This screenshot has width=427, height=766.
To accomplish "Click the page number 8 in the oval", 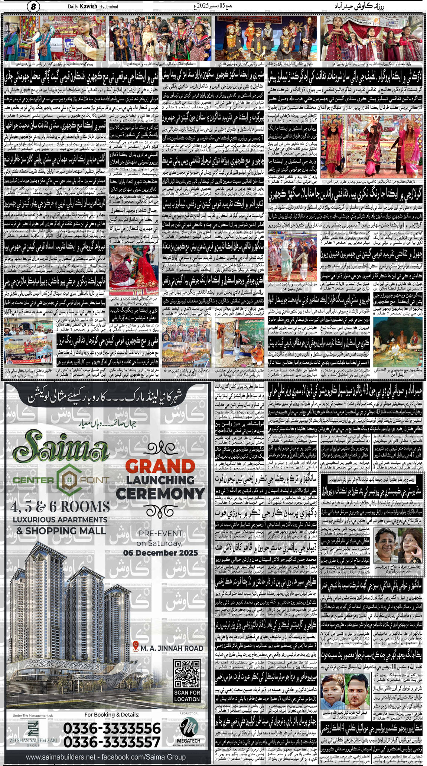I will coord(33,6).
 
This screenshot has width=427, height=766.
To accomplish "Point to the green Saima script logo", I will coord(61,451).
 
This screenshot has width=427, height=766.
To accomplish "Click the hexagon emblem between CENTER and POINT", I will coord(67,480).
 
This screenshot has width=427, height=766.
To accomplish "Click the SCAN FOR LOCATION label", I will coord(187,696).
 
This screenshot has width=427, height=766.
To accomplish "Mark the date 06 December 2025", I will coord(160,553).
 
